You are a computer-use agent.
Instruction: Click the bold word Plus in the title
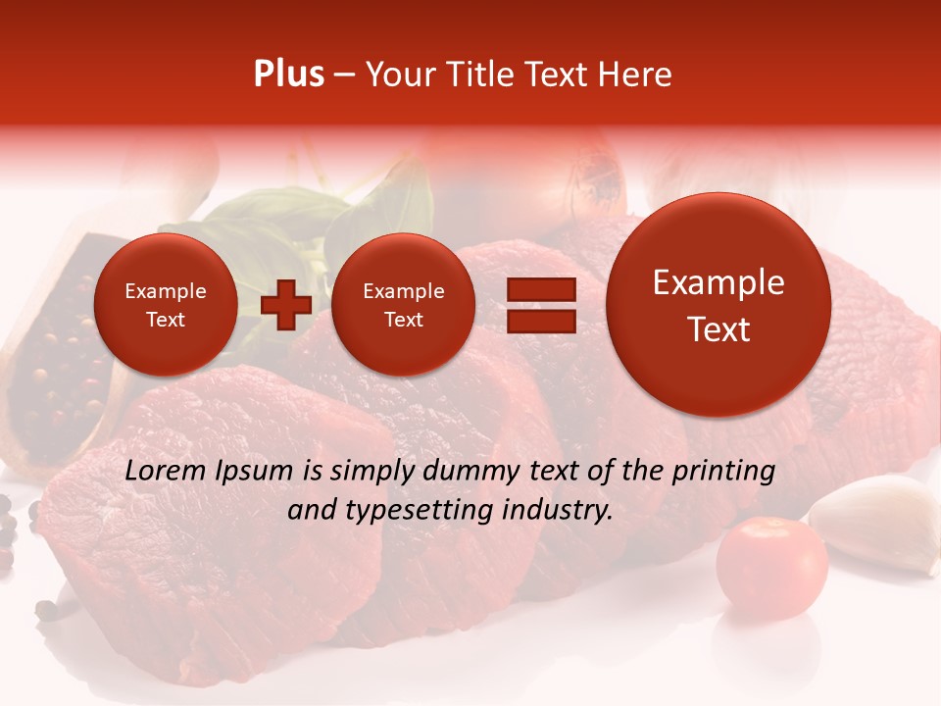click(x=288, y=75)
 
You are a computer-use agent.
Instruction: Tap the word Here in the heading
click(x=636, y=75)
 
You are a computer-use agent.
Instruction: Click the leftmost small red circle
click(x=165, y=305)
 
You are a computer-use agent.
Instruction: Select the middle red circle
click(x=403, y=305)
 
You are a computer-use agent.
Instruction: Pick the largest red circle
click(x=718, y=305)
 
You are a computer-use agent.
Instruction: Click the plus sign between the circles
click(x=285, y=305)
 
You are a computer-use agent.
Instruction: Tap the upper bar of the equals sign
click(x=541, y=289)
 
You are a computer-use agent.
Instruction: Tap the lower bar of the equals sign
click(x=541, y=321)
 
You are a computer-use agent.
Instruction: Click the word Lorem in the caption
click(x=166, y=471)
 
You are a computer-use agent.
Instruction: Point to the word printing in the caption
click(x=723, y=472)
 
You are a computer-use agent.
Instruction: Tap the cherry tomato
click(x=771, y=567)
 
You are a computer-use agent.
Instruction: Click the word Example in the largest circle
click(x=718, y=283)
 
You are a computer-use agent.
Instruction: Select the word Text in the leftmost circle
click(x=165, y=320)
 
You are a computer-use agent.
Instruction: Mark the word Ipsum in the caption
click(x=260, y=472)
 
